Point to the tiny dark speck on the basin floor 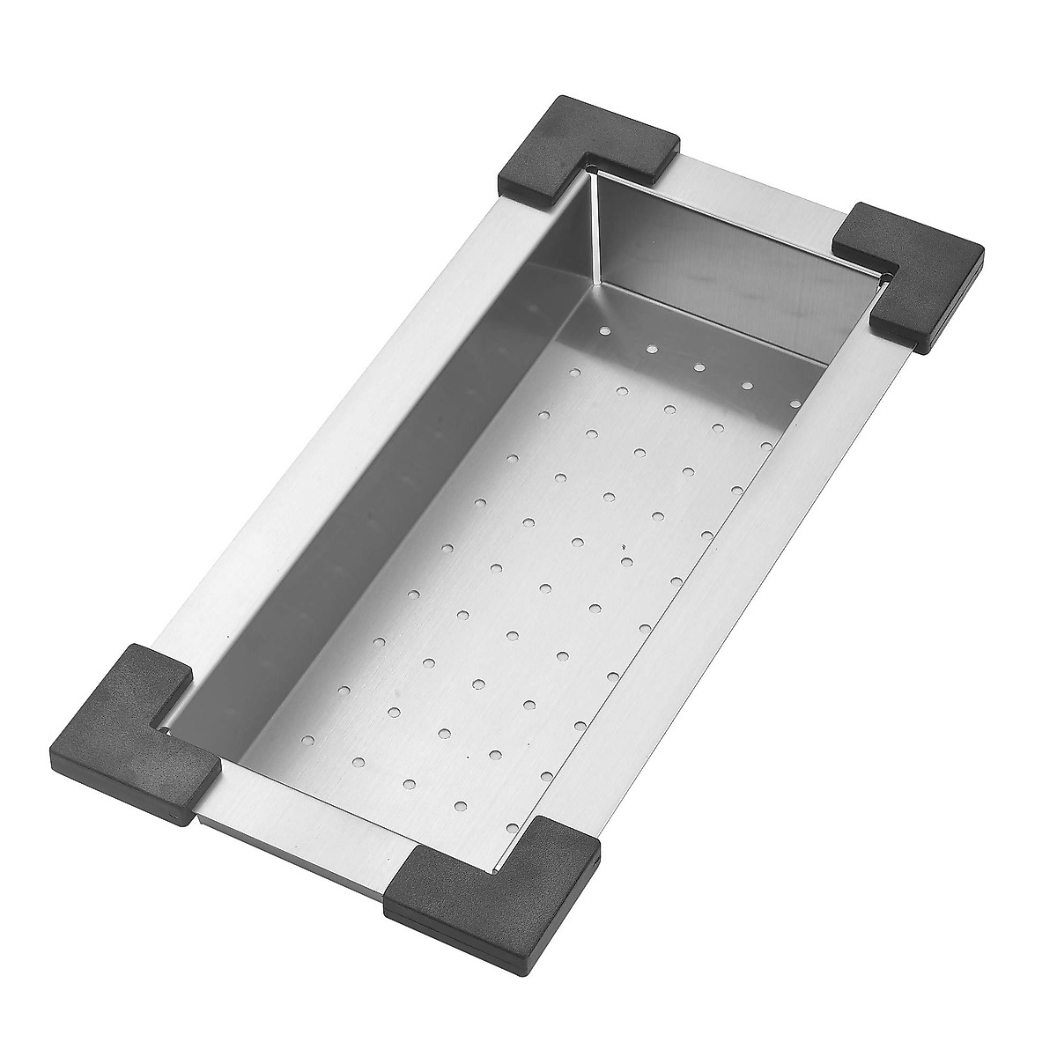622,547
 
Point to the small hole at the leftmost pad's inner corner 164,728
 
